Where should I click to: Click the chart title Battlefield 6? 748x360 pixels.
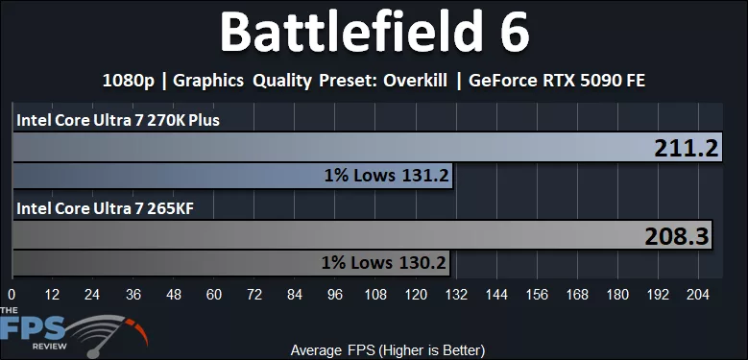coord(374,34)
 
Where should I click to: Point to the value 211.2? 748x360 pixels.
coord(687,148)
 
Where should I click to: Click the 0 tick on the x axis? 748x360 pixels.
coord(12,295)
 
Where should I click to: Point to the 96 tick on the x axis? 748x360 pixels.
coord(336,295)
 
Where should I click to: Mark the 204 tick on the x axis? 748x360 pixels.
coord(701,295)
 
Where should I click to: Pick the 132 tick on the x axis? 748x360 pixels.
coord(458,295)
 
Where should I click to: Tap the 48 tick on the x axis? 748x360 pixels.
coord(174,295)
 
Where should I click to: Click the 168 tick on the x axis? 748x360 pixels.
coord(579,295)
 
